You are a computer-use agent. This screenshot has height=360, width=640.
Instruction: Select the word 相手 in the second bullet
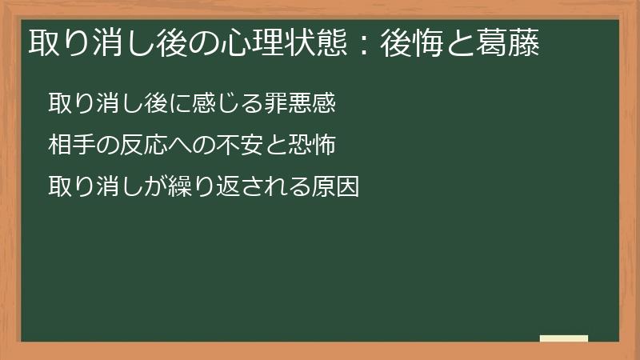pyautogui.click(x=71, y=146)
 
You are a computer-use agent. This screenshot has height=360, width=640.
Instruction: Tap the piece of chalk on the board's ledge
pyautogui.click(x=563, y=338)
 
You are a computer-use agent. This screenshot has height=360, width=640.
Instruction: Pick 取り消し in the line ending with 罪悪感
pyautogui.click(x=94, y=104)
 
